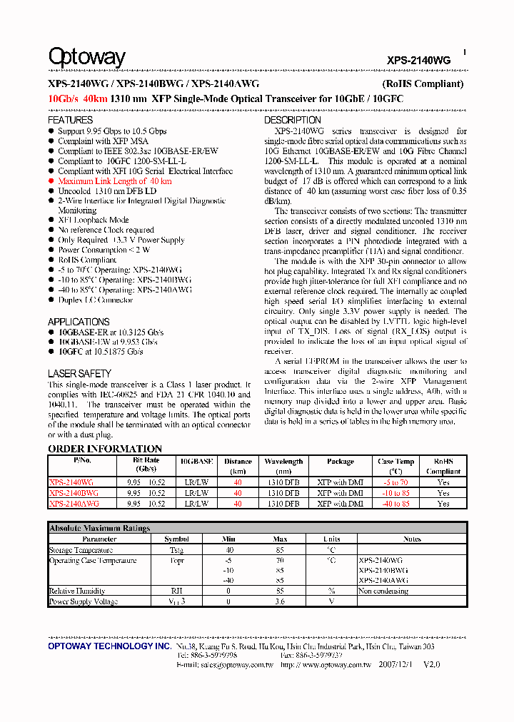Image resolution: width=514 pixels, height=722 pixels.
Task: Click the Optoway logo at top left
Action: click(x=86, y=56)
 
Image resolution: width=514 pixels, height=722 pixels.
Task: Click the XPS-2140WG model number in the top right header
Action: click(x=419, y=61)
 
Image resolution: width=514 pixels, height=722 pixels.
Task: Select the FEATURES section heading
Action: click(x=70, y=121)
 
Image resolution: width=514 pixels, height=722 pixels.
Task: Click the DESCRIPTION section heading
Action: click(x=293, y=121)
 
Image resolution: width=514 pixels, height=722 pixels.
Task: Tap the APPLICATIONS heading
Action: click(x=79, y=322)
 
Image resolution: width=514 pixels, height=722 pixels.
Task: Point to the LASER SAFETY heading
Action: click(x=79, y=373)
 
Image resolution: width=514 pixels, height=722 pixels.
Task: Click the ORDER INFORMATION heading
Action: click(x=105, y=449)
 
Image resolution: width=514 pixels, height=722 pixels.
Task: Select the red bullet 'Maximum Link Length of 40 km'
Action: click(x=114, y=181)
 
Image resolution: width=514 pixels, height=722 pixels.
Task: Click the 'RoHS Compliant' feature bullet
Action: click(x=86, y=260)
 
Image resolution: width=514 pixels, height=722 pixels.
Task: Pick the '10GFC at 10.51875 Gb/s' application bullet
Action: click(x=100, y=352)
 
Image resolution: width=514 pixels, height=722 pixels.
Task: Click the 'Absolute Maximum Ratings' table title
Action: click(x=99, y=529)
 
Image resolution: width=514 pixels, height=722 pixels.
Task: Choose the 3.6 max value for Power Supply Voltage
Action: click(x=280, y=602)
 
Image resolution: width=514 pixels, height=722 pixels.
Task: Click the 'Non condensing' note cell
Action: click(x=383, y=591)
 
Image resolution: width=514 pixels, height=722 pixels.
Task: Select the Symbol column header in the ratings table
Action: click(x=176, y=539)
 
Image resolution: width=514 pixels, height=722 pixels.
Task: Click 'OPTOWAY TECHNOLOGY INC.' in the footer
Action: click(x=109, y=646)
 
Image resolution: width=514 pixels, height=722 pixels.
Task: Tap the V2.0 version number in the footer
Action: click(x=432, y=664)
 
